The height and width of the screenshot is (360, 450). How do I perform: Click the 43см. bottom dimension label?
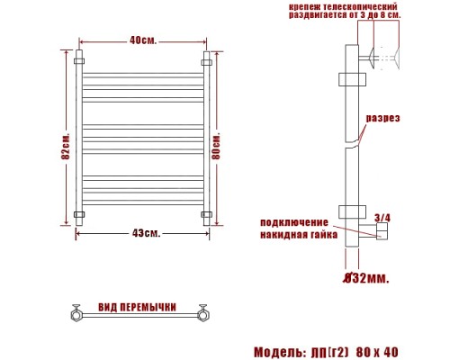(146, 234)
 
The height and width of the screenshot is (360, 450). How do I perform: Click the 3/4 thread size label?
(382, 217)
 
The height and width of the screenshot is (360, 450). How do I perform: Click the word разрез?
(382, 119)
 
